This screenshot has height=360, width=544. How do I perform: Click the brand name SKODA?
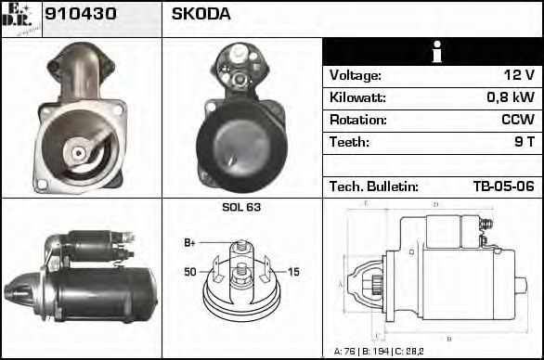[201, 15]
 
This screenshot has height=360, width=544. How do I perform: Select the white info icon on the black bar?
[433, 52]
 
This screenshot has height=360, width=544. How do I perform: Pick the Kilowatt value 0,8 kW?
[511, 97]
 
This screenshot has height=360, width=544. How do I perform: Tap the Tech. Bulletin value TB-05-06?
[503, 186]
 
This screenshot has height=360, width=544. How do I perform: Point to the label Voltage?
[355, 75]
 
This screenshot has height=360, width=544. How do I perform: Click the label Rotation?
[356, 120]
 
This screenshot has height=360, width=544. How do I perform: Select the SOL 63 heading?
[241, 207]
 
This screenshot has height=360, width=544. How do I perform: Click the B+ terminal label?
[189, 243]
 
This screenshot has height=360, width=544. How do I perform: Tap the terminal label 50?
[190, 272]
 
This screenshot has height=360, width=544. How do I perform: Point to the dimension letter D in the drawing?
[435, 204]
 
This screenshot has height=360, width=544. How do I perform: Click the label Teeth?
[349, 142]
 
